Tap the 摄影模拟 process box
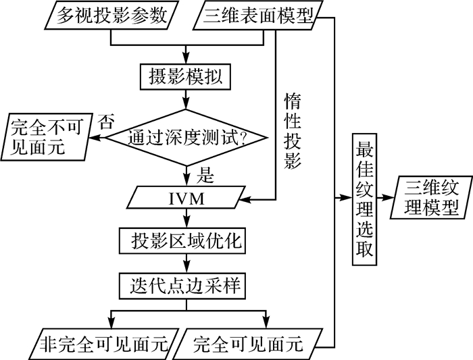click(x=185, y=76)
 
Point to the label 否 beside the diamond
click(x=107, y=122)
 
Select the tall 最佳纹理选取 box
click(x=364, y=200)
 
